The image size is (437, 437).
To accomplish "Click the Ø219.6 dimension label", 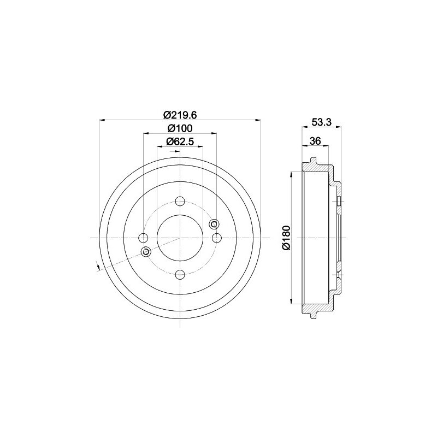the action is pyautogui.click(x=180, y=115).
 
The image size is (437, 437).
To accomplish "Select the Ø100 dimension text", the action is pyautogui.click(x=180, y=128).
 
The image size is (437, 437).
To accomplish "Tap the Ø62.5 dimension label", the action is pyautogui.click(x=180, y=141).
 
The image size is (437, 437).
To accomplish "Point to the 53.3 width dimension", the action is pyautogui.click(x=321, y=122).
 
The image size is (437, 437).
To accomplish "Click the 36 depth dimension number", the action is pyautogui.click(x=315, y=141).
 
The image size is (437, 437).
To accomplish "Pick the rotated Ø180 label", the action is pyautogui.click(x=286, y=238).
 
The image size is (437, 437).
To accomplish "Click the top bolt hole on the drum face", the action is pyautogui.click(x=180, y=201).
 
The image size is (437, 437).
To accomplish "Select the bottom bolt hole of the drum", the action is pyautogui.click(x=180, y=275).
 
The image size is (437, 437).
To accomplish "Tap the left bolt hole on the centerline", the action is pyautogui.click(x=143, y=238).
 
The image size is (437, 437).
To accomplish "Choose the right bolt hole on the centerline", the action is pyautogui.click(x=216, y=238).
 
